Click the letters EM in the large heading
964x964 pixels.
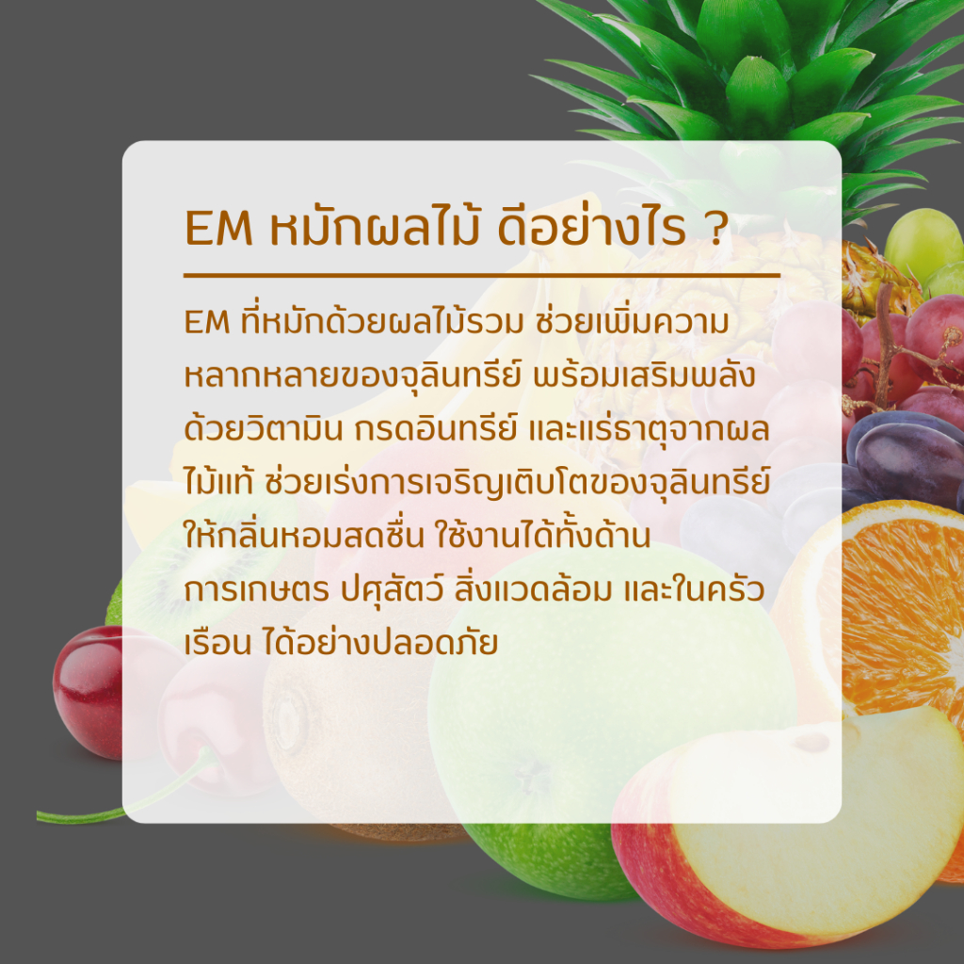(x=218, y=228)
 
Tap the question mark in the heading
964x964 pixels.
(x=715, y=228)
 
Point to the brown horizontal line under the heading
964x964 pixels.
(x=482, y=276)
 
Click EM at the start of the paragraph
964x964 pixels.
(x=207, y=322)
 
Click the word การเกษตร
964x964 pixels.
(x=257, y=590)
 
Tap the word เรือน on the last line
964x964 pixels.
(x=217, y=642)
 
